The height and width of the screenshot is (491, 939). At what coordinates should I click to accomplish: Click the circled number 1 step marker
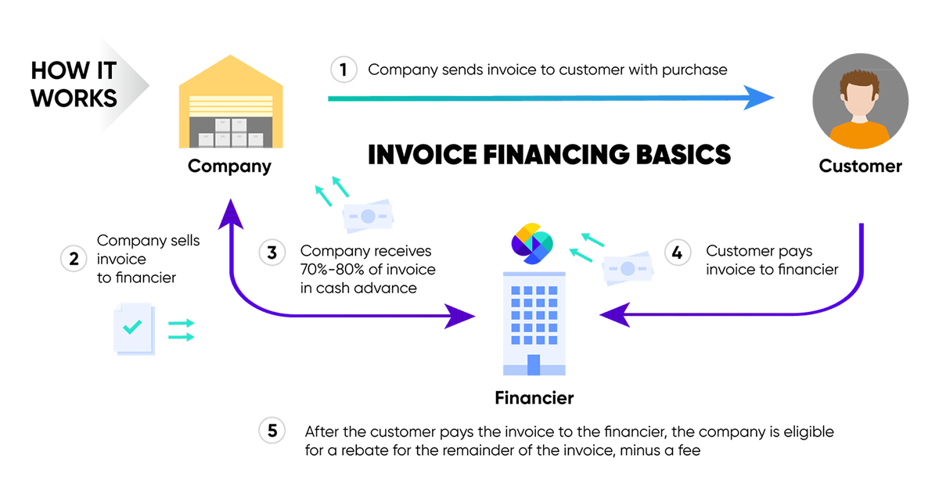[x=344, y=70]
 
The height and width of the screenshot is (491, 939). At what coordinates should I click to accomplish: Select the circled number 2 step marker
[x=74, y=259]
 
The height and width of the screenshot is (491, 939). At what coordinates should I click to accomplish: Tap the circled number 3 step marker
[x=272, y=253]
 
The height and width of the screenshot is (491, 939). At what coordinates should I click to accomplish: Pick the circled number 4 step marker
[x=678, y=253]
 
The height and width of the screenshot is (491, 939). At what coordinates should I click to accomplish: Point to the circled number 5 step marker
[x=272, y=431]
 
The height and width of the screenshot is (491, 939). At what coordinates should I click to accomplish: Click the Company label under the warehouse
[x=229, y=166]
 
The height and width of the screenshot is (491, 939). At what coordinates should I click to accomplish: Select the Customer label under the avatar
[x=860, y=166]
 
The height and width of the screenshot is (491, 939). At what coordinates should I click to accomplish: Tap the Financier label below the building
[x=534, y=397]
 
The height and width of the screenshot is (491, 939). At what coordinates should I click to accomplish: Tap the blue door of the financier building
[x=534, y=364]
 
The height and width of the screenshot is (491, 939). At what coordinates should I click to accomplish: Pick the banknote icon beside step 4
[x=627, y=268]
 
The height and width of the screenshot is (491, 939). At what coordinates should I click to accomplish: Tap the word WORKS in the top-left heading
[x=74, y=98]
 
